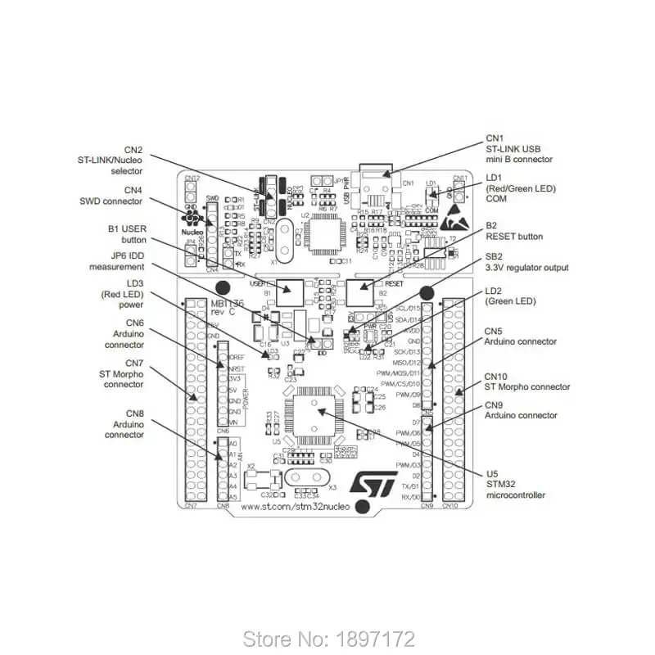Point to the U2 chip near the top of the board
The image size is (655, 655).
pyautogui.click(x=323, y=235)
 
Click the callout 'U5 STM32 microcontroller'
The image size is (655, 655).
pyautogui.click(x=515, y=484)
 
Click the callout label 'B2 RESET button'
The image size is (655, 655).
pyautogui.click(x=513, y=231)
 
